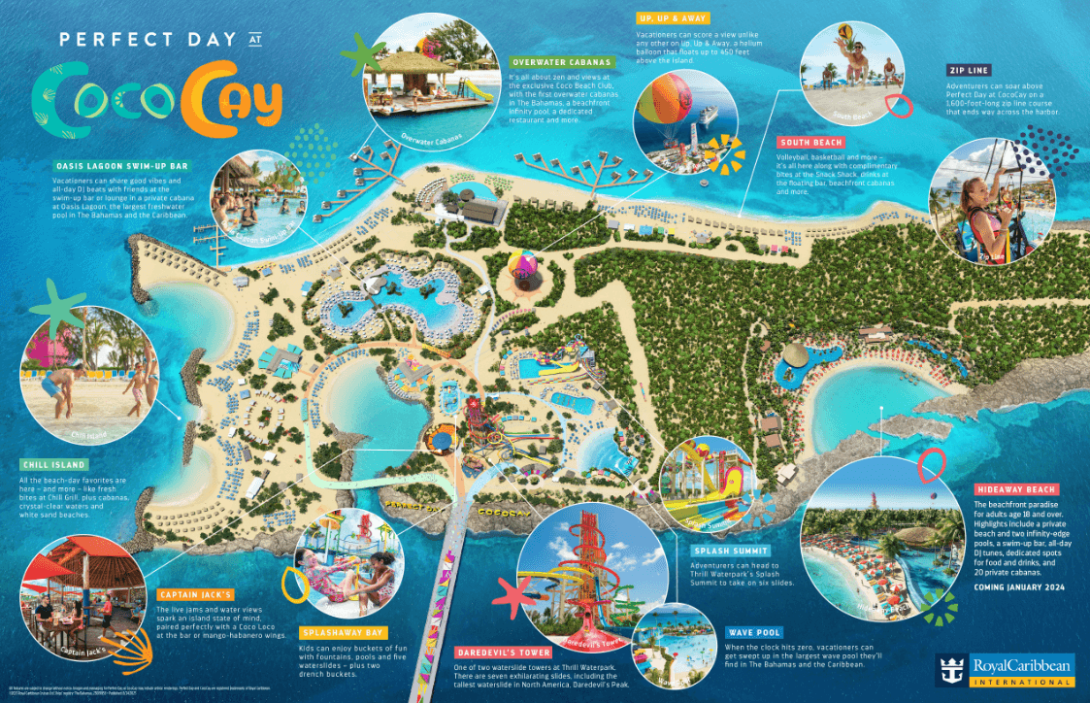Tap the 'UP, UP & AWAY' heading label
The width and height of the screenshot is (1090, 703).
coord(673,18)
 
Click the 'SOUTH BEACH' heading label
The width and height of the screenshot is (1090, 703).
coord(809,143)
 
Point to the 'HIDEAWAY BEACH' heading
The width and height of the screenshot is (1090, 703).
coord(1015,489)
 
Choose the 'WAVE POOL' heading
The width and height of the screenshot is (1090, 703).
coord(754,633)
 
